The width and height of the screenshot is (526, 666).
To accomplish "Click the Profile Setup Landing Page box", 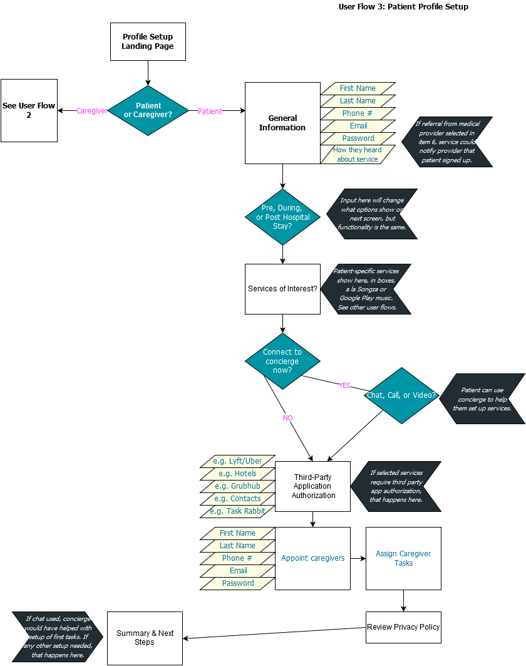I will tap(148, 42).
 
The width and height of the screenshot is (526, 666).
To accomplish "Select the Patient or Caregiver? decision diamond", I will tap(148, 110).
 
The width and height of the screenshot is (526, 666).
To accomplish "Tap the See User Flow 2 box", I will tap(29, 110).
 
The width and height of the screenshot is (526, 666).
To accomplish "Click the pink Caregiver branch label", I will tap(91, 111).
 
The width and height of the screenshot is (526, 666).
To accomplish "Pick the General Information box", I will tap(282, 123).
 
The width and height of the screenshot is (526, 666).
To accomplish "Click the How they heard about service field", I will tap(358, 155).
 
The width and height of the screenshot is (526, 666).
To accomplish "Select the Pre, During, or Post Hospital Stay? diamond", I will tap(282, 217).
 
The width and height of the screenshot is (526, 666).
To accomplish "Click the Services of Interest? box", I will tap(282, 289).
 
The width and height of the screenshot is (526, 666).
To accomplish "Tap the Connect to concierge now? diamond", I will tap(282, 361).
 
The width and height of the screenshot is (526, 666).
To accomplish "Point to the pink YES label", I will tap(344, 385).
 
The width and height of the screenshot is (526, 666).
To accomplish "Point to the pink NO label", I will tap(288, 417).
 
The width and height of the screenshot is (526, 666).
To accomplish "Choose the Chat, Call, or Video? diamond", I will tap(401, 395).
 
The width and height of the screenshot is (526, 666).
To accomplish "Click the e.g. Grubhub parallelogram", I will tap(237, 486).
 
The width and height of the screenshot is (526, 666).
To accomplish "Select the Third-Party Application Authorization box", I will tap(312, 486).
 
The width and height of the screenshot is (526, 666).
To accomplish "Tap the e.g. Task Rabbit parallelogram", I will tap(237, 511).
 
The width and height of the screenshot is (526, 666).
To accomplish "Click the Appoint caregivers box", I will tap(312, 558).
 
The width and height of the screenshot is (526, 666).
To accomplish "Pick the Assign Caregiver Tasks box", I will tap(403, 558).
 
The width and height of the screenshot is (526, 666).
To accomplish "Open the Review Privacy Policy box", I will tap(403, 627).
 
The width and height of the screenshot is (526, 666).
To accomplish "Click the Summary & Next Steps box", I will tap(145, 638).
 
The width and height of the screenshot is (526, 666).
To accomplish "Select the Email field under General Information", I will tap(358, 126).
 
